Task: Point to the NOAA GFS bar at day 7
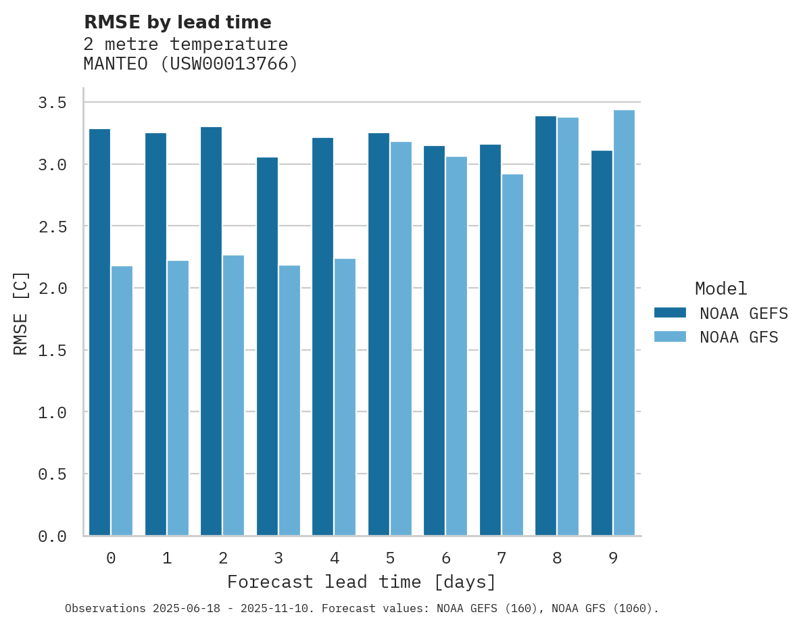click(x=512, y=355)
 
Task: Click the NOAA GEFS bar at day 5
click(x=379, y=334)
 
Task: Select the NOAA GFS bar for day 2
click(x=233, y=395)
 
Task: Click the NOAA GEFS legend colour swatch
click(x=670, y=313)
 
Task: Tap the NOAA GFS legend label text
click(x=739, y=337)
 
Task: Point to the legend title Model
click(x=721, y=289)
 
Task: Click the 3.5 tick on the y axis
click(x=52, y=103)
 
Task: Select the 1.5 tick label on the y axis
click(x=52, y=350)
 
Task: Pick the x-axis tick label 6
click(x=446, y=558)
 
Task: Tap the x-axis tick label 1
click(x=167, y=558)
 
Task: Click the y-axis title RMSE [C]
click(x=21, y=313)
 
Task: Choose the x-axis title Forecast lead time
click(x=362, y=582)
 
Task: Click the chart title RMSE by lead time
click(x=177, y=22)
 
